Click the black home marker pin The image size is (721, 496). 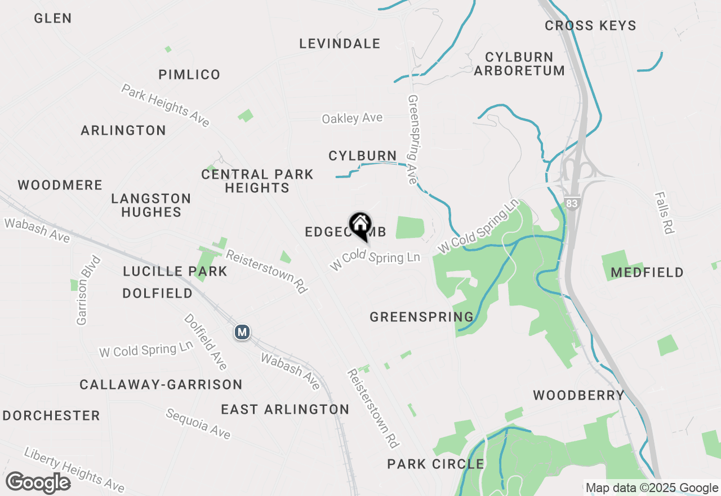click(360, 226)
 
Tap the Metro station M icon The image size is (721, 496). click(242, 333)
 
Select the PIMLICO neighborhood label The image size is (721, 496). click(189, 75)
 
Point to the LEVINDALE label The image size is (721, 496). click(340, 44)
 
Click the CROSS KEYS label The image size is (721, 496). click(590, 26)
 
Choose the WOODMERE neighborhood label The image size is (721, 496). click(60, 185)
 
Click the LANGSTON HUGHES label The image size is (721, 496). click(151, 205)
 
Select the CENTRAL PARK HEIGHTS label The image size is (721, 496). click(257, 181)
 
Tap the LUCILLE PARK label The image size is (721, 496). click(175, 272)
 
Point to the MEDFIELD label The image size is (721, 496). click(647, 273)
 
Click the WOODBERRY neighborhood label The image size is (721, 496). click(579, 396)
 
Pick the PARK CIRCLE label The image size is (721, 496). click(435, 464)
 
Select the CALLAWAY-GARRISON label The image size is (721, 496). click(161, 385)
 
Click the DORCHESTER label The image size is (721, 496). click(51, 416)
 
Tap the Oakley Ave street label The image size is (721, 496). click(352, 118)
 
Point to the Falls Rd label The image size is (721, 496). click(665, 212)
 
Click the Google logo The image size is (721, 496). click(38, 483)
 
